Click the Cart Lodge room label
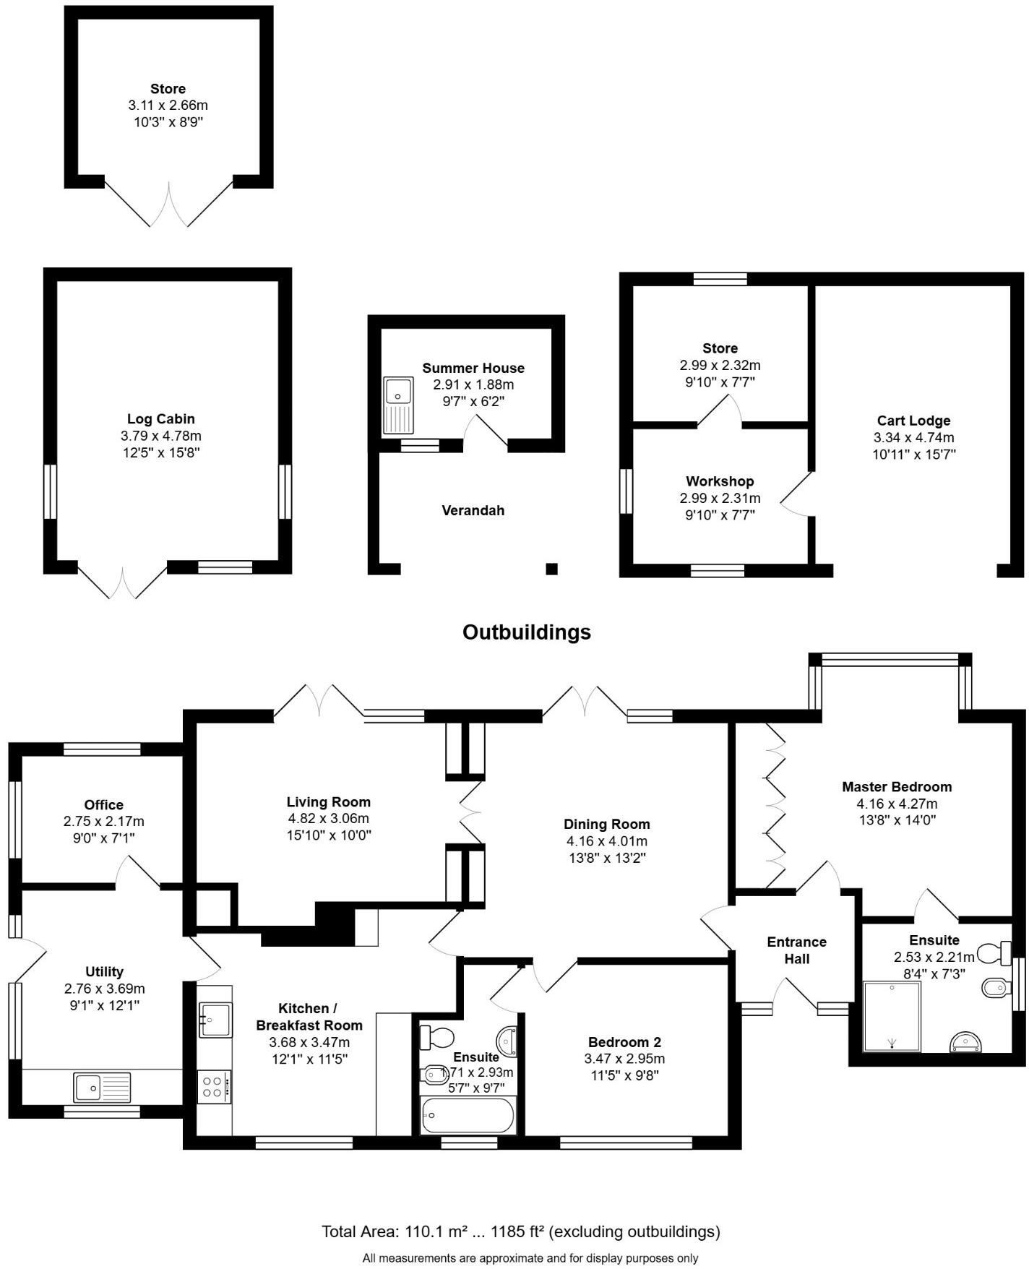(913, 421)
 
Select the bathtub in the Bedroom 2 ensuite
(468, 1115)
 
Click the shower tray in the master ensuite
(893, 1016)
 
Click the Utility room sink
(102, 1087)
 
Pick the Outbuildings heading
(526, 632)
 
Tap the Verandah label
(473, 510)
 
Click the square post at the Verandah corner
(551, 569)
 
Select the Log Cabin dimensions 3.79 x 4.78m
(160, 436)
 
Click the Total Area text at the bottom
(520, 1231)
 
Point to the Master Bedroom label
(896, 786)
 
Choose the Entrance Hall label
(796, 950)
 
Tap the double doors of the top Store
(169, 206)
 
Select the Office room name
(103, 804)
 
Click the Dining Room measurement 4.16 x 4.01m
(606, 841)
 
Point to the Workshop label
(720, 481)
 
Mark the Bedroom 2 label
(624, 1042)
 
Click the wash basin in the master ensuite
(965, 1041)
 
